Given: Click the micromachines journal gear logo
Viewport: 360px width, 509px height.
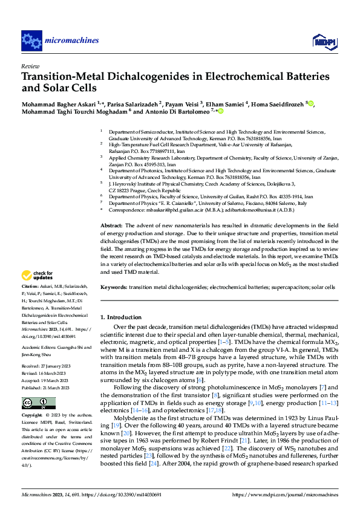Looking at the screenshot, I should [x=31, y=41].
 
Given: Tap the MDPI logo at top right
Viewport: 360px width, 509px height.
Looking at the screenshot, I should [x=324, y=41].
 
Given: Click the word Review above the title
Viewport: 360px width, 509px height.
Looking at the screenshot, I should [x=30, y=65].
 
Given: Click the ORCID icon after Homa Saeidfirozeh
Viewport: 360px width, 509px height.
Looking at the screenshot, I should [x=311, y=104].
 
